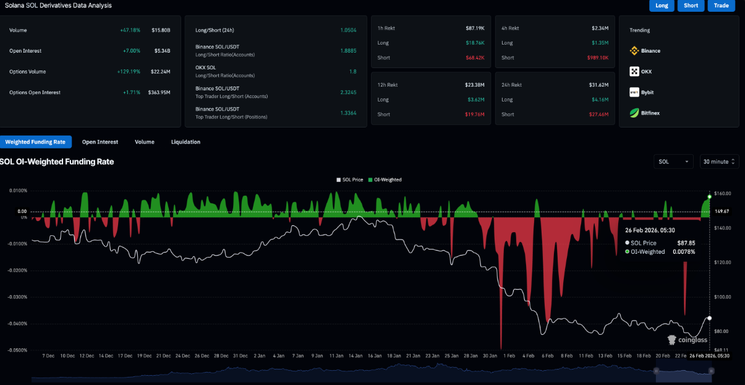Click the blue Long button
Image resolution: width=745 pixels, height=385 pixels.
[662, 6]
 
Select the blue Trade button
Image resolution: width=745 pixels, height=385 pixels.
[721, 6]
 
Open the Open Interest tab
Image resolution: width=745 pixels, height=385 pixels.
[100, 142]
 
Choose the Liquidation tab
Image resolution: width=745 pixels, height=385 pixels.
[185, 142]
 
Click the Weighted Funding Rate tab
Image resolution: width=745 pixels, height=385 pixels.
[35, 142]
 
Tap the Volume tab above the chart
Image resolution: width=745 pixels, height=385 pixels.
[145, 142]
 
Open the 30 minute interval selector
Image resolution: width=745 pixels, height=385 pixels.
[719, 162]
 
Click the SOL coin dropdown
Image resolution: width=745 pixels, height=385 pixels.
[674, 162]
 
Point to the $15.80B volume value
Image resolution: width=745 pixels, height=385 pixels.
[161, 30]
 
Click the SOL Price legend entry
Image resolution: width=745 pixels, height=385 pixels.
[351, 180]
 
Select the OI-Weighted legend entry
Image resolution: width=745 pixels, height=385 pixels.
[387, 180]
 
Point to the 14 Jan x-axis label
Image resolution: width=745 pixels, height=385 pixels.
[355, 356]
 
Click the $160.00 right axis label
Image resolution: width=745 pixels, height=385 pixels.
[722, 194]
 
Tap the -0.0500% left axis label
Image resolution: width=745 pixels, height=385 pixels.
[17, 350]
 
